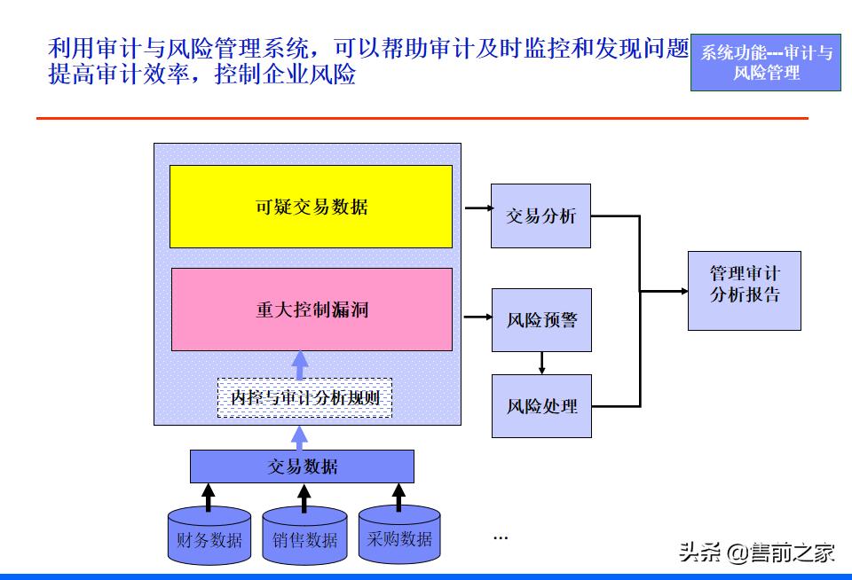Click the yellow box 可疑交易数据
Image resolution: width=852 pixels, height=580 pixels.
pos(311,207)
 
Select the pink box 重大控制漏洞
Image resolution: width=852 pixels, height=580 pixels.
pos(311,310)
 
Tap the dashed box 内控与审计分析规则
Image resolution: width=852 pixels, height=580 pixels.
pos(304,398)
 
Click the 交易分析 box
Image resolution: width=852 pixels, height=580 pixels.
pos(540,216)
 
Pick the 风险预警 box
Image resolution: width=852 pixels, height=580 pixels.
pos(541,319)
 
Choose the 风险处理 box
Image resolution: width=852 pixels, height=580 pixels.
pos(541,406)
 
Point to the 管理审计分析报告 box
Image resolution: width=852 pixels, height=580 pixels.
pos(744,291)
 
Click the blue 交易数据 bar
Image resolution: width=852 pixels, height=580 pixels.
pos(302,466)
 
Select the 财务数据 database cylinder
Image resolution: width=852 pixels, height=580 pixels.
pos(209,536)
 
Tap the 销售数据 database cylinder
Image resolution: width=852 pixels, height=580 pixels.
pos(304,536)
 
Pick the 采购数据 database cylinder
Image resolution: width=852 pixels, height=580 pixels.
pos(399,535)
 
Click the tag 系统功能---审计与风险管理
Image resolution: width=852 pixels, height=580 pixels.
pos(766,63)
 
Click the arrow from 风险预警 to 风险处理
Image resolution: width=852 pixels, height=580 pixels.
pos(541,362)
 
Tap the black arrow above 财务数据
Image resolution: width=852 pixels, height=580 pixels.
pos(209,497)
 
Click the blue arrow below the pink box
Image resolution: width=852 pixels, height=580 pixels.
pos(300,364)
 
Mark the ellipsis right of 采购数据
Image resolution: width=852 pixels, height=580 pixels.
pos(501,537)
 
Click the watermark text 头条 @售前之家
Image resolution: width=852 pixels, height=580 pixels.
pos(756,553)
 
